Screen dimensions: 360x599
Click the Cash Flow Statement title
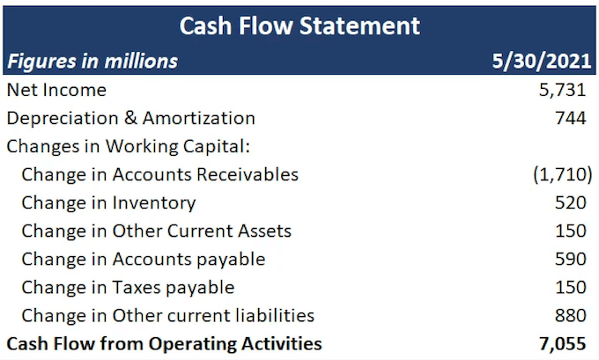[x=299, y=25]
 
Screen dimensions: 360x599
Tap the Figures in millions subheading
[x=92, y=61]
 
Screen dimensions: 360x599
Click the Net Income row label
[x=56, y=90]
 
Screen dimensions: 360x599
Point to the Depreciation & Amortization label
[x=130, y=118]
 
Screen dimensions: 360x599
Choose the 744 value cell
[x=570, y=118]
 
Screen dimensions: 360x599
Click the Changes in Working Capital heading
[x=118, y=146]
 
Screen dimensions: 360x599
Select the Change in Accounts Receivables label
[x=159, y=174]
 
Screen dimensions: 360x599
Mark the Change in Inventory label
[x=108, y=202]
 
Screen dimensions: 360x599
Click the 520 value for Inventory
[x=570, y=202]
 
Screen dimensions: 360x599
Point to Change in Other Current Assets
[x=156, y=231]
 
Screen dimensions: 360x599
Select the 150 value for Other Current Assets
[x=570, y=231]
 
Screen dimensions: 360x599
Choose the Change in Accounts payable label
[x=144, y=259]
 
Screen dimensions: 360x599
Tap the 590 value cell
[x=570, y=259]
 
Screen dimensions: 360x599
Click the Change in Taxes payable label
[x=128, y=287]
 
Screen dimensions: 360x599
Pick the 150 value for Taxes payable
[x=570, y=287]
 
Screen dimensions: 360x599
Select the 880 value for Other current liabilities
[x=570, y=315]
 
